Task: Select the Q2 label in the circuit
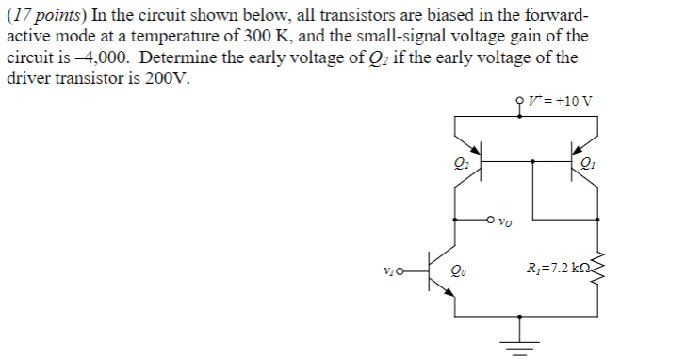point(460,167)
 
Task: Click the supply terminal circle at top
point(519,99)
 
